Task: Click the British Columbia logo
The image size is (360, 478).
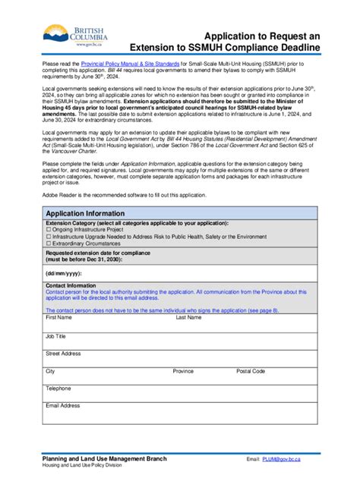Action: coord(75,37)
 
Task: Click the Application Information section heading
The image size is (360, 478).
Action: coord(85,213)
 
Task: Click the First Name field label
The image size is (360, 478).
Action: coord(58,318)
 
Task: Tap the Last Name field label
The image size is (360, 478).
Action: coord(188,318)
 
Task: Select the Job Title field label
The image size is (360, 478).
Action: coord(55,335)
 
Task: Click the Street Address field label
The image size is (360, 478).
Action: coord(62,354)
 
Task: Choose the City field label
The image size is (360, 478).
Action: coord(50,371)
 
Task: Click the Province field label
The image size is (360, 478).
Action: coord(183,371)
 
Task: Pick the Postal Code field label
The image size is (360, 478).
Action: coord(251,371)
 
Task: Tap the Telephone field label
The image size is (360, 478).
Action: coord(58,388)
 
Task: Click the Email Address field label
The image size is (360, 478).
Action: coord(62,406)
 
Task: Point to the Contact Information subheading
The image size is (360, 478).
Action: coord(71,285)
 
